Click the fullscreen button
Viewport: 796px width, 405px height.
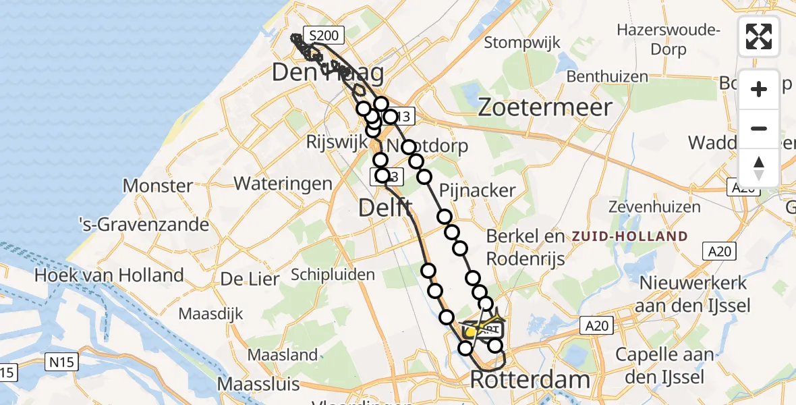pos(759,36)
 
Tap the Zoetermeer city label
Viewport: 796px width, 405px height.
pos(545,107)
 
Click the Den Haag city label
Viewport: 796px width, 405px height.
pos(327,73)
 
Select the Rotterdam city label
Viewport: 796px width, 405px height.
pos(530,379)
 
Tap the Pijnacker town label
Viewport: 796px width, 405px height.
pos(477,190)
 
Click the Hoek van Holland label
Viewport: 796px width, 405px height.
pos(109,275)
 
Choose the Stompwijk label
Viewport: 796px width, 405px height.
pos(522,43)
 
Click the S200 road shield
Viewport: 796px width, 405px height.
pos(324,34)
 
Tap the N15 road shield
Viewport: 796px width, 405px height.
pos(61,362)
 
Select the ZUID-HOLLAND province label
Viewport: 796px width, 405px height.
pos(629,237)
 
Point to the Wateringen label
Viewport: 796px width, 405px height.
pos(283,183)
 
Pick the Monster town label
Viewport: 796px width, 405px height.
pos(159,186)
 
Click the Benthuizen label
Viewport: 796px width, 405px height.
pos(606,76)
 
